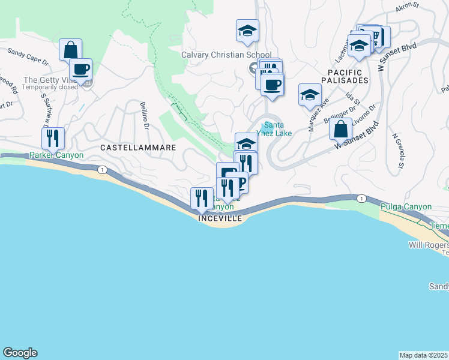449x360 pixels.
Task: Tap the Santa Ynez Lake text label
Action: pos(274,129)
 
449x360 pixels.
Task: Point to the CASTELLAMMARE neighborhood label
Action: pos(138,147)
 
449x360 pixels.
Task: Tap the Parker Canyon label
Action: pos(56,155)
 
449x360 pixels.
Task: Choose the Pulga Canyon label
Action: pos(406,207)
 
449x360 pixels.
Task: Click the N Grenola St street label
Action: pos(397,150)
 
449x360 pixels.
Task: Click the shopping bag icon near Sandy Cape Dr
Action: pos(70,49)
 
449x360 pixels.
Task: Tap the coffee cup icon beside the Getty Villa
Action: pos(80,68)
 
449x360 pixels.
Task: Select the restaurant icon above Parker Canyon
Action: pos(53,138)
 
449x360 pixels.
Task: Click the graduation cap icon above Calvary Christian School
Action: pos(247,30)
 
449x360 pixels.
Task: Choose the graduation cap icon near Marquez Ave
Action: pos(310,94)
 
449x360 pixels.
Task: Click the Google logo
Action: pos(20,353)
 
